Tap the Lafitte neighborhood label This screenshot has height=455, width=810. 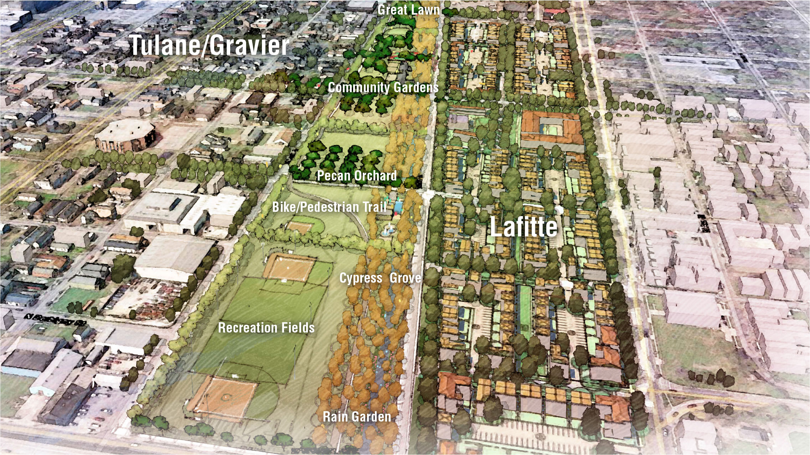point(523,227)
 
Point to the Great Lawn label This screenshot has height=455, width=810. point(408,10)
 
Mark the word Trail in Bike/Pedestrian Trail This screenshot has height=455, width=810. point(374,207)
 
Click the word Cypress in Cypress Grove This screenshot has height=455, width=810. point(361,278)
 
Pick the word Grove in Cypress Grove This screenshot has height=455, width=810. point(405,278)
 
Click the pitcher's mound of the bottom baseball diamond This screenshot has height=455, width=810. point(225,396)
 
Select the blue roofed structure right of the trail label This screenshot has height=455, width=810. point(398,207)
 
